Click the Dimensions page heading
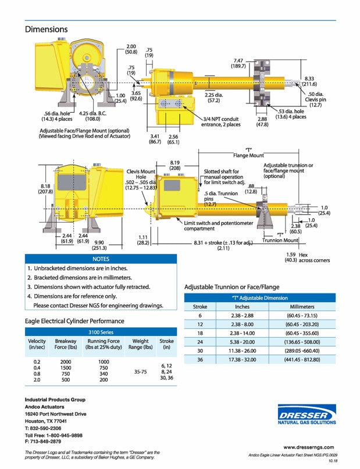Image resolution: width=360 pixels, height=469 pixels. point(46,29)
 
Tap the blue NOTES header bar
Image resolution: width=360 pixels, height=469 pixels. point(101,259)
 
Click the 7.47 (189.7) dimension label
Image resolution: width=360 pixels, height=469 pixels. point(239,63)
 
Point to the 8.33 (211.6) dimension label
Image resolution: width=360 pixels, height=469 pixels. point(309,81)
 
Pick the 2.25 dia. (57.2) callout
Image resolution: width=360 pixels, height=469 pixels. point(213,98)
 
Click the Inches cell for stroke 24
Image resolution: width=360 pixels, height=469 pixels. point(242,342)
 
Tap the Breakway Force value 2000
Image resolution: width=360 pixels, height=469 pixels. point(66,361)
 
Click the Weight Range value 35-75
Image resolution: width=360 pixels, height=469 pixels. point(141,370)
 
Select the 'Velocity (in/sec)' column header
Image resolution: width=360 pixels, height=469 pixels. point(37,345)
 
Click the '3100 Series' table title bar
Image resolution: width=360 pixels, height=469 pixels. point(101,332)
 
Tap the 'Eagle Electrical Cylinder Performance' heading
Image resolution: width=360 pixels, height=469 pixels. point(74,321)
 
